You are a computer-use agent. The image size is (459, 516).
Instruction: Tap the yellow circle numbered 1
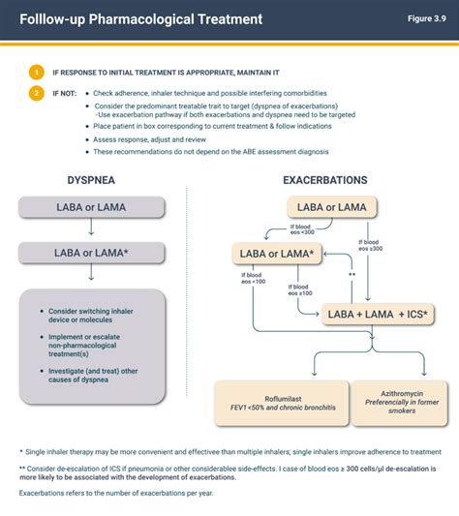[37, 72]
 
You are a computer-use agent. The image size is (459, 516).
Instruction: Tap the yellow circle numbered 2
[37, 93]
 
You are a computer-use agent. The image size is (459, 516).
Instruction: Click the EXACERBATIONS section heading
[324, 180]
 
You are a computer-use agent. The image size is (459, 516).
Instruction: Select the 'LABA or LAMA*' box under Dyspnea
[89, 253]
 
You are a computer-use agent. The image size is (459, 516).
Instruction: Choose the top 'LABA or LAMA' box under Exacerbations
[331, 207]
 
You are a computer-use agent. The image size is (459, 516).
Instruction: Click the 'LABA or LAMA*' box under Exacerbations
[277, 254]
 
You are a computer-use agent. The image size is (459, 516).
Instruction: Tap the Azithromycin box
[389, 403]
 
